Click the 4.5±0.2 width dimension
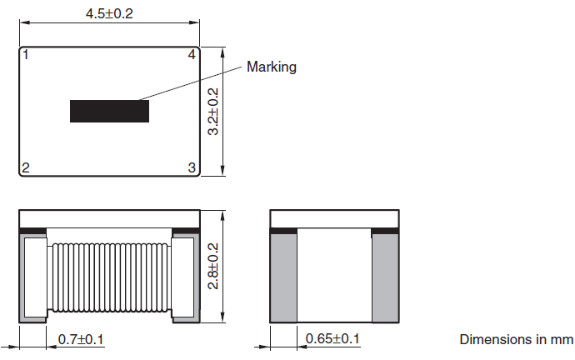coord(110,14)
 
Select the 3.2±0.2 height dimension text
coord(213,112)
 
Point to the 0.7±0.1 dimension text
coord(81,339)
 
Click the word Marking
coord(272,67)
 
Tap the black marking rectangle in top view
coord(109,112)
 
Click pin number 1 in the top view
coord(27,56)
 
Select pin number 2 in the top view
coord(26,168)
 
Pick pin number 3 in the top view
coord(192,168)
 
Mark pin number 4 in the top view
coord(192,56)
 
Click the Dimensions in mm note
coord(516,339)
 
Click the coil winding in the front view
coord(109,277)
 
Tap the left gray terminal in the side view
coord(283,277)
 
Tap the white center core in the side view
coord(333,275)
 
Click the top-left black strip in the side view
coord(283,229)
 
